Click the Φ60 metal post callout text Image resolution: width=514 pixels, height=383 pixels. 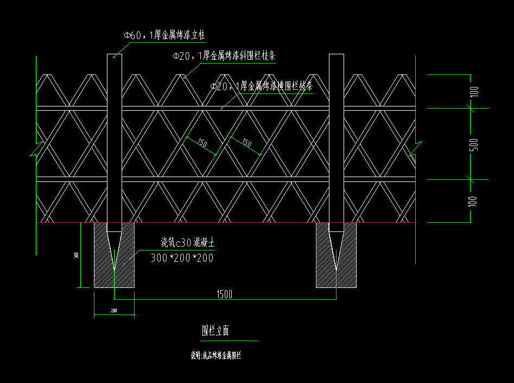click(x=163, y=36)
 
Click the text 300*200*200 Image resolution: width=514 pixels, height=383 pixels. click(x=182, y=258)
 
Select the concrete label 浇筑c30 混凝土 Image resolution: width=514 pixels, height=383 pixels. click(x=187, y=243)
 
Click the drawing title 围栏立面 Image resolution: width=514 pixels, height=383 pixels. click(x=215, y=330)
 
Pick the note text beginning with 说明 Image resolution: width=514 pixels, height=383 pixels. click(x=215, y=356)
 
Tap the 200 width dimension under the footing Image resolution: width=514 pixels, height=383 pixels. click(x=114, y=311)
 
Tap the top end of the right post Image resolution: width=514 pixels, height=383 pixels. click(x=337, y=55)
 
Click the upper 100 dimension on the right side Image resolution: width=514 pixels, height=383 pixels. click(x=474, y=91)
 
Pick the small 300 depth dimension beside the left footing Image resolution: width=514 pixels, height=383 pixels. click(x=77, y=255)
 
